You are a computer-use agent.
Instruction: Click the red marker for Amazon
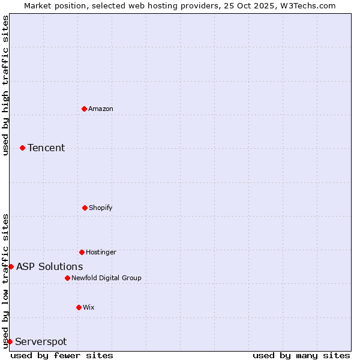84,109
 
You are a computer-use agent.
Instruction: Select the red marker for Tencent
22,148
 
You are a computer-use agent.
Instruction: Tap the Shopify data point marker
85,208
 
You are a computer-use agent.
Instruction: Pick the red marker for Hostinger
82,252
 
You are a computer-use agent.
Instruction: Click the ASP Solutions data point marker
11,266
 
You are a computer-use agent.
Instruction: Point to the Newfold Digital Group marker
67,278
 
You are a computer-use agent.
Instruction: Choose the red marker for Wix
79,307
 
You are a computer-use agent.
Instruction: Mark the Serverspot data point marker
10,341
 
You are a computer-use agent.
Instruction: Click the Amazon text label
101,109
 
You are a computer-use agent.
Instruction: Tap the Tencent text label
46,148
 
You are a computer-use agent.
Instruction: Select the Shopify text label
101,208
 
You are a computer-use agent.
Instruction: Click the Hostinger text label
101,252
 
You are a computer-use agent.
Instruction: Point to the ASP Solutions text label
50,266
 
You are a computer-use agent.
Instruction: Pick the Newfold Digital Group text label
106,278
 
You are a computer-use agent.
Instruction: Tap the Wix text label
89,307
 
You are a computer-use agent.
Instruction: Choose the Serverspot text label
41,341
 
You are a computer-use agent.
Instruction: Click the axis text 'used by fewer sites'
62,355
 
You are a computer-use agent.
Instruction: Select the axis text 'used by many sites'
301,355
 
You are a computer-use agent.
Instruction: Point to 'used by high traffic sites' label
5,85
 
